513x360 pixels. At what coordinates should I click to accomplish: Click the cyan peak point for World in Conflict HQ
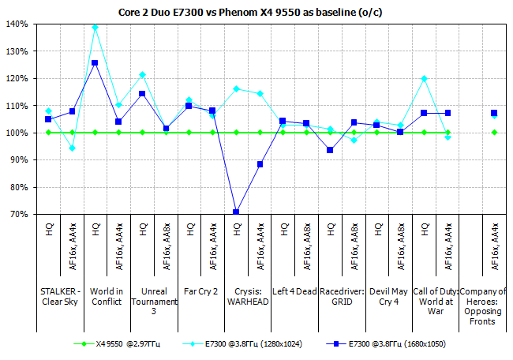(95, 27)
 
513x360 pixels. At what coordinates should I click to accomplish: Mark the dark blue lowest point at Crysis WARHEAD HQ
(236, 212)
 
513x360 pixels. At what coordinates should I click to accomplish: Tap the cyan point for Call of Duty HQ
(424, 78)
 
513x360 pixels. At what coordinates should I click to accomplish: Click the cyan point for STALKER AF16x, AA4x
(72, 148)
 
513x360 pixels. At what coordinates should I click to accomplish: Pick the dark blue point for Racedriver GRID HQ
(330, 150)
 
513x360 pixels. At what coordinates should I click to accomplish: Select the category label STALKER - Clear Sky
(60, 297)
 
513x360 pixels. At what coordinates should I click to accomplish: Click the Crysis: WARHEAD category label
(248, 297)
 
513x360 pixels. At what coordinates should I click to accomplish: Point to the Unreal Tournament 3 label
(154, 301)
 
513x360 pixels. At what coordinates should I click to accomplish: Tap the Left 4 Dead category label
(294, 292)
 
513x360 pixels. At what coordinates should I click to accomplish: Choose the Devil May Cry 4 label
(388, 297)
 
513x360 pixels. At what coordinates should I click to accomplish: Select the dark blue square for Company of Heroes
(494, 113)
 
